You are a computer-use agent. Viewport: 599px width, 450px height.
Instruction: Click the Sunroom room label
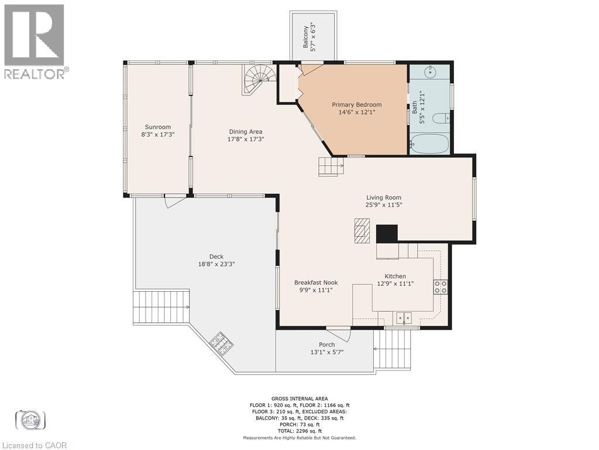(158, 127)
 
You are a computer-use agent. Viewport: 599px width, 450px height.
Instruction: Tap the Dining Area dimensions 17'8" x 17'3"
(246, 139)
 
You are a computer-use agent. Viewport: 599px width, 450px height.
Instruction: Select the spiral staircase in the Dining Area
(259, 79)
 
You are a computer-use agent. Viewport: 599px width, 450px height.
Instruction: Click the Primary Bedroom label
(356, 105)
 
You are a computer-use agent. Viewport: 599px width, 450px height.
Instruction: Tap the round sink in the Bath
(431, 71)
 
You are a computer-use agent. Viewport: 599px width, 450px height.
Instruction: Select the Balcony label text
(305, 37)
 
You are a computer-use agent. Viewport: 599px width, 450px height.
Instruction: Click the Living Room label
(384, 198)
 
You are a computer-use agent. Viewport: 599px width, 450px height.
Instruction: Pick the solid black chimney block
(387, 234)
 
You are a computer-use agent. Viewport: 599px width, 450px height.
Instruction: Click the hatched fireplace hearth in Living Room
(362, 230)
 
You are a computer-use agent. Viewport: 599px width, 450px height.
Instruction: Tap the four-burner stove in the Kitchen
(440, 287)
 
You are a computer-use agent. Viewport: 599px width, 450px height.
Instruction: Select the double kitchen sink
(404, 317)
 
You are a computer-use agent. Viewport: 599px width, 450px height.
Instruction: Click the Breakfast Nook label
(316, 283)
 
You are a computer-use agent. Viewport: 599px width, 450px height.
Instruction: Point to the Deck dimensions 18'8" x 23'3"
(216, 264)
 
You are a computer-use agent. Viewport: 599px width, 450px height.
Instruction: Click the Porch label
(326, 345)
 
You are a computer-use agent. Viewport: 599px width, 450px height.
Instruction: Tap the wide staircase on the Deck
(161, 307)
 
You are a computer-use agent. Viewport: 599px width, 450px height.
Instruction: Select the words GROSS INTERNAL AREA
(299, 398)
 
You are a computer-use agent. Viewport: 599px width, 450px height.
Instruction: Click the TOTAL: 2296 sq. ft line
(299, 431)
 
